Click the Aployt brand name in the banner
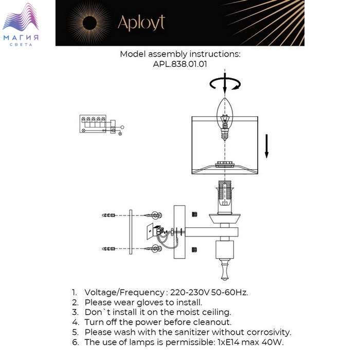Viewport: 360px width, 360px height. click(141, 23)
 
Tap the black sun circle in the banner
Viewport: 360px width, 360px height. click(89, 23)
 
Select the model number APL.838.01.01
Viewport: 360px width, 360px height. click(180, 64)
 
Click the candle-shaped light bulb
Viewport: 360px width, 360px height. click(225, 119)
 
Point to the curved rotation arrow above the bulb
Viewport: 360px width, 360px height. click(225, 84)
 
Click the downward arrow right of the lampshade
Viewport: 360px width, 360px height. click(266, 146)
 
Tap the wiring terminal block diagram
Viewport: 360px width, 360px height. click(101, 124)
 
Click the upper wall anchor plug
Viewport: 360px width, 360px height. click(109, 215)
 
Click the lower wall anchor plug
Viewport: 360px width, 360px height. click(109, 248)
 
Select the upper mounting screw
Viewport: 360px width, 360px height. click(153, 215)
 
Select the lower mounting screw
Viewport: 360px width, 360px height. click(153, 248)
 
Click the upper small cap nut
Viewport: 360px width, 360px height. click(194, 214)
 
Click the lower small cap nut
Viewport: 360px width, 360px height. click(194, 249)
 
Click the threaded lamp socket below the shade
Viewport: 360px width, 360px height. click(225, 197)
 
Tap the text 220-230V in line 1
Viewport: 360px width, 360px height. click(190, 293)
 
